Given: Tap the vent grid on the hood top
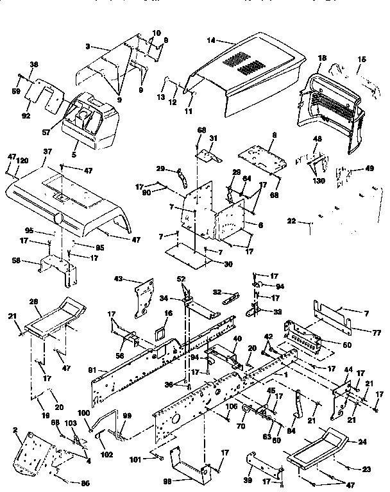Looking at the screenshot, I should [x=242, y=63].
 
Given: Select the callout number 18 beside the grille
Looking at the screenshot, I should [x=321, y=58].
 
